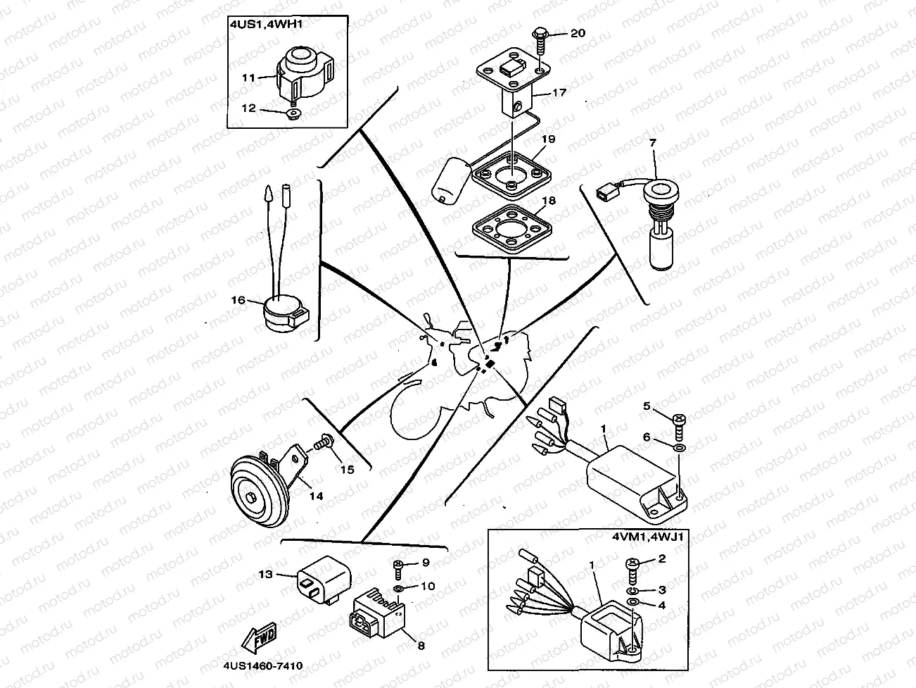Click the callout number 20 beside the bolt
[578, 33]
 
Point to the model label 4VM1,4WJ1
[651, 537]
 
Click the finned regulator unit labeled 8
[376, 609]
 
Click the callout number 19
[548, 139]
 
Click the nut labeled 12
[293, 113]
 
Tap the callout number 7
[652, 143]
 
